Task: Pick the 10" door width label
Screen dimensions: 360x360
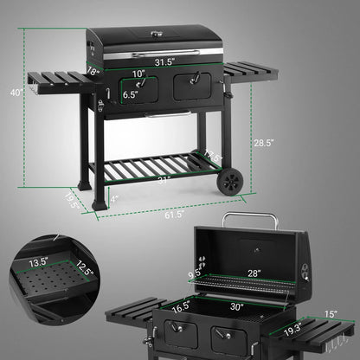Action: [x=138, y=74]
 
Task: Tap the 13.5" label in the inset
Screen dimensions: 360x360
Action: [x=38, y=260]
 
